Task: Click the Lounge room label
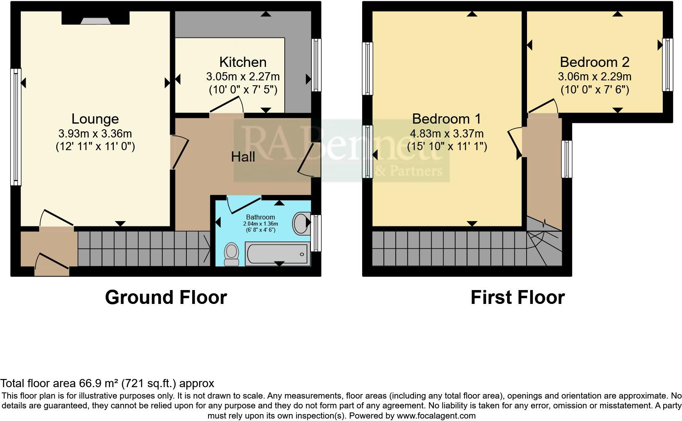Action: [x=95, y=119]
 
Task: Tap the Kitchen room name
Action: [x=243, y=62]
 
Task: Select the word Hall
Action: [x=243, y=157]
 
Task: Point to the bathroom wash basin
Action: [x=301, y=223]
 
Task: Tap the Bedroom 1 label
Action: [x=446, y=119]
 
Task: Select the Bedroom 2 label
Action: [x=594, y=62]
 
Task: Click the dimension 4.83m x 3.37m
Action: [x=447, y=133]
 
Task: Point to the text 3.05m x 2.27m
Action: [x=243, y=76]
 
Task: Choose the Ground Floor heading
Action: [x=166, y=297]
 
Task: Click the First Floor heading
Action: [x=517, y=297]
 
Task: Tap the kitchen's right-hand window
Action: [x=316, y=65]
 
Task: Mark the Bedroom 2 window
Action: [x=667, y=64]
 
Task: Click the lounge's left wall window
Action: [x=15, y=126]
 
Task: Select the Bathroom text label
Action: [x=260, y=217]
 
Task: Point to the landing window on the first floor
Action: [x=567, y=159]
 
